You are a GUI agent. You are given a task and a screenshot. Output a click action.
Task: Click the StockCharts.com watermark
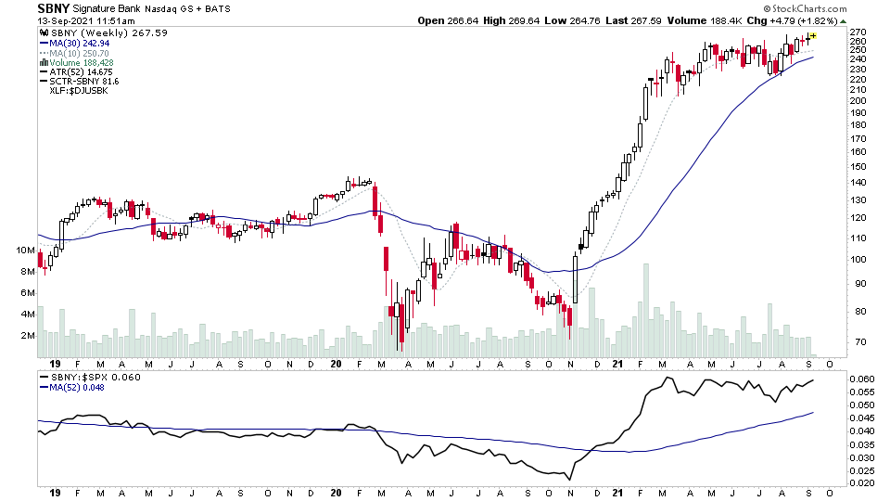click(x=803, y=7)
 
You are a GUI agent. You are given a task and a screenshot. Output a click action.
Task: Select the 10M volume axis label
click(x=23, y=250)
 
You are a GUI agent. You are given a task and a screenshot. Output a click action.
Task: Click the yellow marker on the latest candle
click(x=813, y=36)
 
